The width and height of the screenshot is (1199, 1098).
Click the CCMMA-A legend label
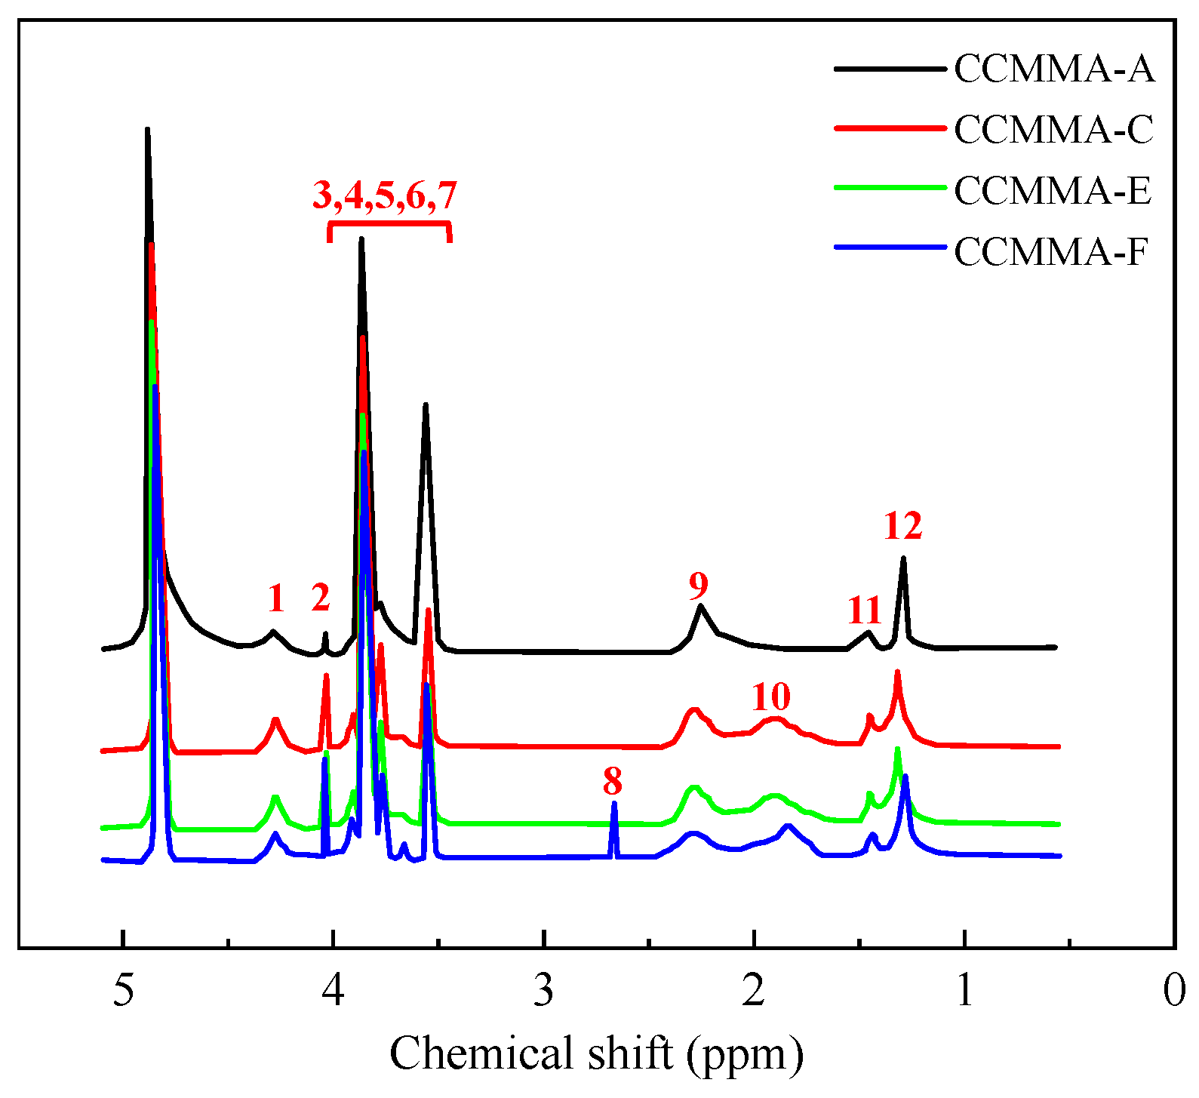pyautogui.click(x=1054, y=69)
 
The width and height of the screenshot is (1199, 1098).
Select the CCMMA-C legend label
pyautogui.click(x=1054, y=130)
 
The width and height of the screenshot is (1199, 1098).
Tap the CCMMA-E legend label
pyautogui.click(x=1053, y=190)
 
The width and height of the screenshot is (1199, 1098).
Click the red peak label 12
pyautogui.click(x=902, y=526)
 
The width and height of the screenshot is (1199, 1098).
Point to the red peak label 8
pyautogui.click(x=612, y=781)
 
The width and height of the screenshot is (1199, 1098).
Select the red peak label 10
pyautogui.click(x=770, y=697)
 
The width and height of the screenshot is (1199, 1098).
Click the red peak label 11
pyautogui.click(x=863, y=610)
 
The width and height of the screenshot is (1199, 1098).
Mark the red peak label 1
pyautogui.click(x=276, y=598)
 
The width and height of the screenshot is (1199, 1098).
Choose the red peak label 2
pyautogui.click(x=321, y=598)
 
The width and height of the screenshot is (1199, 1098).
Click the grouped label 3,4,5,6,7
pyautogui.click(x=385, y=195)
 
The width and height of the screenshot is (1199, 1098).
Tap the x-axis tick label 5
pyautogui.click(x=123, y=990)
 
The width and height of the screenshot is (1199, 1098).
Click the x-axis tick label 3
pyautogui.click(x=543, y=990)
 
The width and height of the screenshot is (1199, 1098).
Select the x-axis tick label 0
pyautogui.click(x=1173, y=990)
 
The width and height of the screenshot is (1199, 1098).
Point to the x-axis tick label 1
pyautogui.click(x=964, y=990)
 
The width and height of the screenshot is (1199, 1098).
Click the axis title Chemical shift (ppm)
pyautogui.click(x=596, y=1053)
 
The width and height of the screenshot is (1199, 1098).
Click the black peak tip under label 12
pyautogui.click(x=903, y=560)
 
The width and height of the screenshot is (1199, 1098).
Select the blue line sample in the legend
pyautogui.click(x=890, y=248)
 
